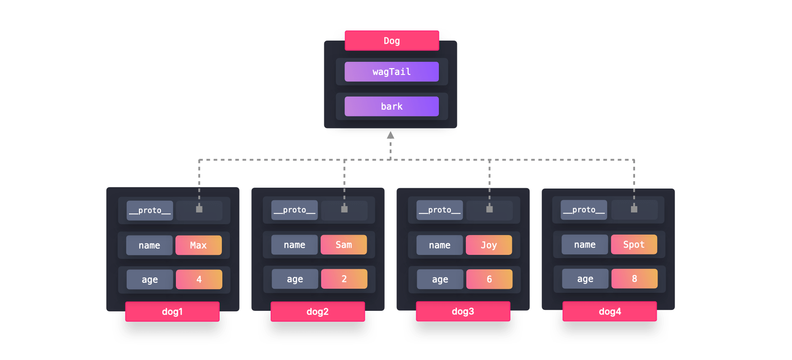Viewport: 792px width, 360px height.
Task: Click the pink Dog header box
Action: pyautogui.click(x=391, y=41)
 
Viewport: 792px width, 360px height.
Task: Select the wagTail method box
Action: pyautogui.click(x=391, y=72)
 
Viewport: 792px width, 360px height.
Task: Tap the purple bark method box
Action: pyautogui.click(x=391, y=106)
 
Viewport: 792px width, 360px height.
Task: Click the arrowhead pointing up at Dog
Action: pyautogui.click(x=391, y=135)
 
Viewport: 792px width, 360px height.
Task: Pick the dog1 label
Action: pyautogui.click(x=172, y=312)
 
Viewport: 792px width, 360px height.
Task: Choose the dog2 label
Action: pyautogui.click(x=318, y=312)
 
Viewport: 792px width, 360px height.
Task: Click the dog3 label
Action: pyautogui.click(x=463, y=311)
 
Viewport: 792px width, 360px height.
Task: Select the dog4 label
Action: pyautogui.click(x=610, y=311)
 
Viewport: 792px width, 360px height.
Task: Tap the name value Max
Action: pyautogui.click(x=198, y=245)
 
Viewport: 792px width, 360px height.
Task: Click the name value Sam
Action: pyautogui.click(x=344, y=245)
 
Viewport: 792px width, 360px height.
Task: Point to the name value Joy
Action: pyautogui.click(x=489, y=245)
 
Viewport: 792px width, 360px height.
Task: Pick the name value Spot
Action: pyautogui.click(x=634, y=245)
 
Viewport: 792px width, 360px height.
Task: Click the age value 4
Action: pyautogui.click(x=199, y=280)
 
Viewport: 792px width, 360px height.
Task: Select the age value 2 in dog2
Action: pyautogui.click(x=344, y=279)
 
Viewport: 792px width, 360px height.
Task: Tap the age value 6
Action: pyautogui.click(x=489, y=279)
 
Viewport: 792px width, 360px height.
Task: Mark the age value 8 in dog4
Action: pyautogui.click(x=635, y=279)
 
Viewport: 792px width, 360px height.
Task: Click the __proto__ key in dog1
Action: pyautogui.click(x=150, y=211)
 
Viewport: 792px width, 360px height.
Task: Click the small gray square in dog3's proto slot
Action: pyautogui.click(x=489, y=209)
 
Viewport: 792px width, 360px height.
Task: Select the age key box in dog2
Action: pyautogui.click(x=295, y=279)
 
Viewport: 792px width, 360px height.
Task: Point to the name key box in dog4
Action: pyautogui.click(x=585, y=245)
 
